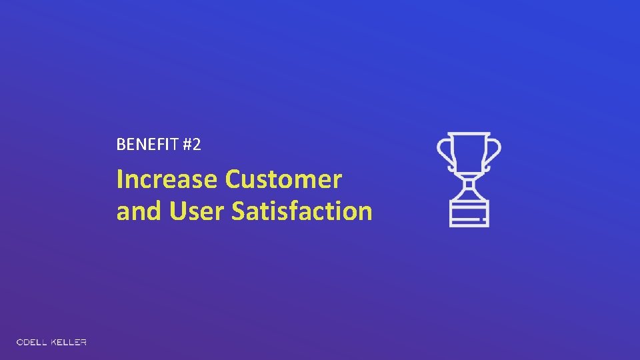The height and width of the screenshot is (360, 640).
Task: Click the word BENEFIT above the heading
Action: (146, 145)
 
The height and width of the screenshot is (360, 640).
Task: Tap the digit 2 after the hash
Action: (195, 145)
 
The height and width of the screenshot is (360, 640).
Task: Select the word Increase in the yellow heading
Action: (167, 179)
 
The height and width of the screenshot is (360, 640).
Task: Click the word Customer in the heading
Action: (283, 179)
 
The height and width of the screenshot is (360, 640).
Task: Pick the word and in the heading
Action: (139, 211)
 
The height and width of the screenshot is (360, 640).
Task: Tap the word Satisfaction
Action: (301, 211)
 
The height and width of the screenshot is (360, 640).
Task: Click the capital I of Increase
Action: (120, 179)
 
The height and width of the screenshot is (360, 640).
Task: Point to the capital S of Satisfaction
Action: (239, 211)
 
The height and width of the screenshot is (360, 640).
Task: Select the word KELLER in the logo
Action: (70, 343)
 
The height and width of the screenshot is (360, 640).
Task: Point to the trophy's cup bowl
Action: (469, 153)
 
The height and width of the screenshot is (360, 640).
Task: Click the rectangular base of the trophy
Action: (469, 212)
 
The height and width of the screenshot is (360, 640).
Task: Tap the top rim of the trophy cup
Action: (469, 134)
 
